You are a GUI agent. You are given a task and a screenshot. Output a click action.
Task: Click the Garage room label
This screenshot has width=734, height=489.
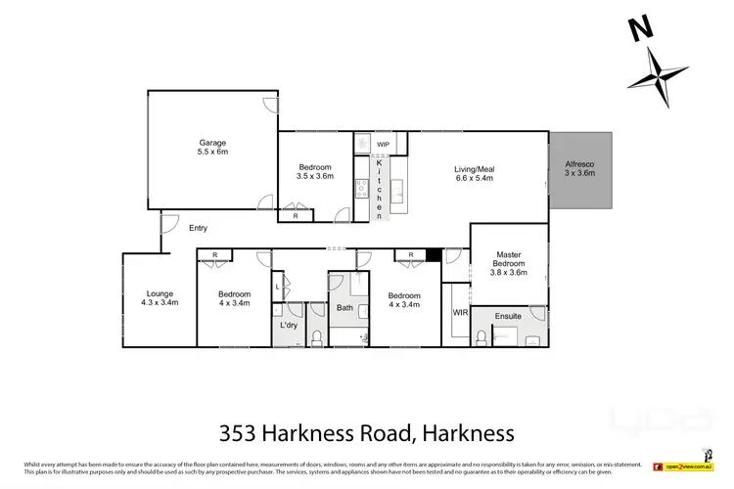[212, 143]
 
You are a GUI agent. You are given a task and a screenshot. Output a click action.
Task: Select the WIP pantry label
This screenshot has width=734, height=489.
[383, 145]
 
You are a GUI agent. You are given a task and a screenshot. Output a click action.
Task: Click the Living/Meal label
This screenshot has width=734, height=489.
[474, 167]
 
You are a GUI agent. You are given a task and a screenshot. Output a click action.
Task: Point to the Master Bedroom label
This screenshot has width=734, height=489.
[508, 259]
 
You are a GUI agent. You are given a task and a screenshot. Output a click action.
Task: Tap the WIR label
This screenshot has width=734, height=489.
[460, 313]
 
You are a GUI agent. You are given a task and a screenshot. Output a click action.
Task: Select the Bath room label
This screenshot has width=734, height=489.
[344, 309]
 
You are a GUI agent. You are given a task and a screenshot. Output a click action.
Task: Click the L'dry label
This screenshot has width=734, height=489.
[289, 324]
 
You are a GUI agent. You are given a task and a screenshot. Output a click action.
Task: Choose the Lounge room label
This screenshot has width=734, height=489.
[160, 293]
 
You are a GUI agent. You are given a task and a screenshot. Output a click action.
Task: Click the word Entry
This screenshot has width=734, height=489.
[199, 228]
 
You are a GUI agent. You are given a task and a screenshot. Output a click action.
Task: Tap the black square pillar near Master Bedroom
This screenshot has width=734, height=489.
[434, 256]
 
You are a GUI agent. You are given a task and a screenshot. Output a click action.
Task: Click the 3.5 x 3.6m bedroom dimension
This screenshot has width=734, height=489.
[316, 177]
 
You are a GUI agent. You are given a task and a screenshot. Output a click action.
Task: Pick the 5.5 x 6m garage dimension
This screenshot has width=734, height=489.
[212, 153]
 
